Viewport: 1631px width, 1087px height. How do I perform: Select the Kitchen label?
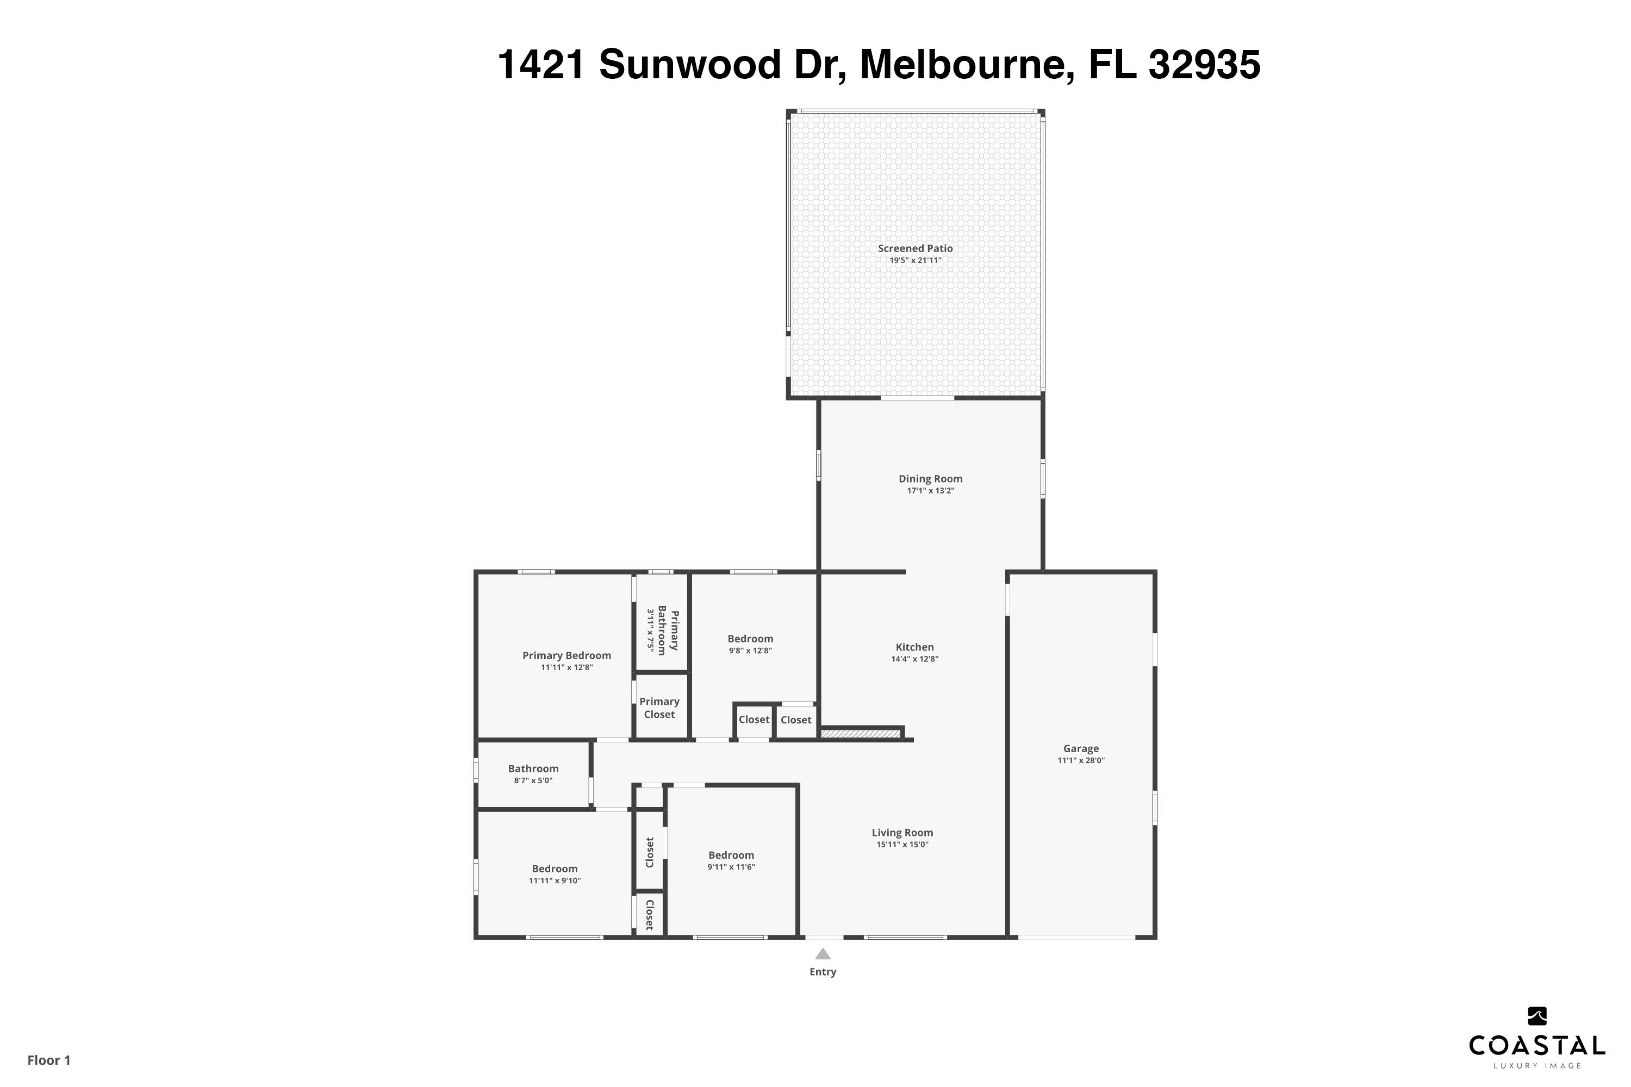pyautogui.click(x=914, y=647)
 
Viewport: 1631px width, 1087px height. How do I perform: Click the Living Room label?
pyautogui.click(x=901, y=833)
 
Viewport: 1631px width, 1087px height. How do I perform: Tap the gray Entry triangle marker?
pyautogui.click(x=823, y=954)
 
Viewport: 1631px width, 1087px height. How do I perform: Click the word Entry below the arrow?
pyautogui.click(x=823, y=972)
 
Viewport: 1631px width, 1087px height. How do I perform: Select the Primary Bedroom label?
pyautogui.click(x=567, y=655)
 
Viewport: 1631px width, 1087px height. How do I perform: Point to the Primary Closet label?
pyautogui.click(x=659, y=708)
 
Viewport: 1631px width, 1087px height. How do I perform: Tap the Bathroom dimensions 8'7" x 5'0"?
pyautogui.click(x=533, y=780)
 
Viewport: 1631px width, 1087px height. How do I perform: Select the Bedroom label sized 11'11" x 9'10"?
pyautogui.click(x=554, y=869)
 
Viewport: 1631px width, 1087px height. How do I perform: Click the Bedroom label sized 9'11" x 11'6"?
pyautogui.click(x=731, y=855)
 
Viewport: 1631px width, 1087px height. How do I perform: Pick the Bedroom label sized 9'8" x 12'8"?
pyautogui.click(x=750, y=639)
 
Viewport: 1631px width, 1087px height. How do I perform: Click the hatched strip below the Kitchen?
pyautogui.click(x=861, y=733)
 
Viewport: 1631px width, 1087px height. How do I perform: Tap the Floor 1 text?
pyautogui.click(x=48, y=1060)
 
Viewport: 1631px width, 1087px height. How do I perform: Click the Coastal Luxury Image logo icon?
pyautogui.click(x=1537, y=1016)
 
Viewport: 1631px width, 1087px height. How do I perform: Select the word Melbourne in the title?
pyautogui.click(x=967, y=65)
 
